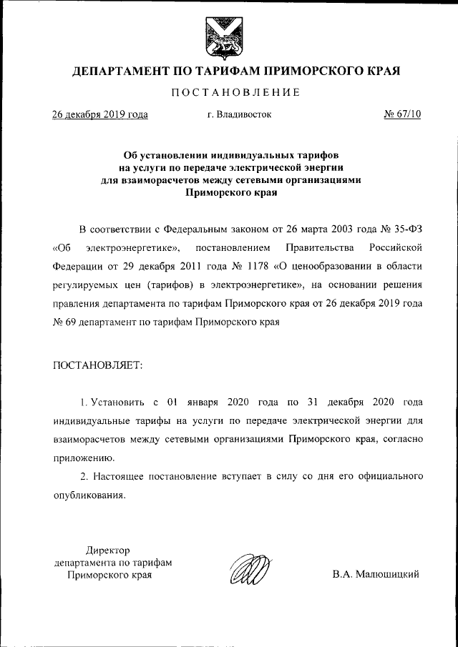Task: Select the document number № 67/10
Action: tap(401, 114)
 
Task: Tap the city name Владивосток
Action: tap(239, 114)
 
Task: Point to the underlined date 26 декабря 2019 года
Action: tap(100, 114)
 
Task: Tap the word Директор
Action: tap(108, 550)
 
